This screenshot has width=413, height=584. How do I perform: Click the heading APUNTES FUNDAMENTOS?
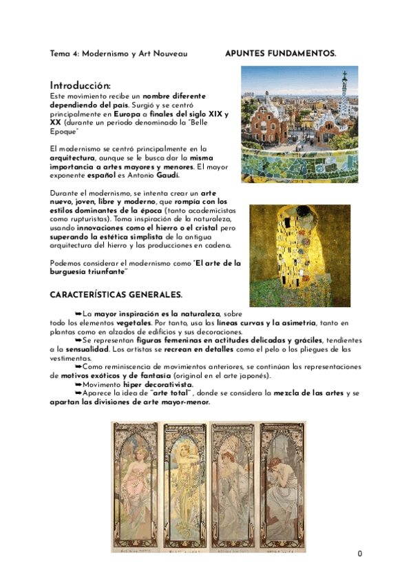281,53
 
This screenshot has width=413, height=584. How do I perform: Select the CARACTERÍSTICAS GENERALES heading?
116,295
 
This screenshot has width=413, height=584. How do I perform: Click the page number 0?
359,554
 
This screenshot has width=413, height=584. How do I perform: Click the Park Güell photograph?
299,124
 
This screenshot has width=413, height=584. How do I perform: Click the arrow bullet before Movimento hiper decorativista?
78,384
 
